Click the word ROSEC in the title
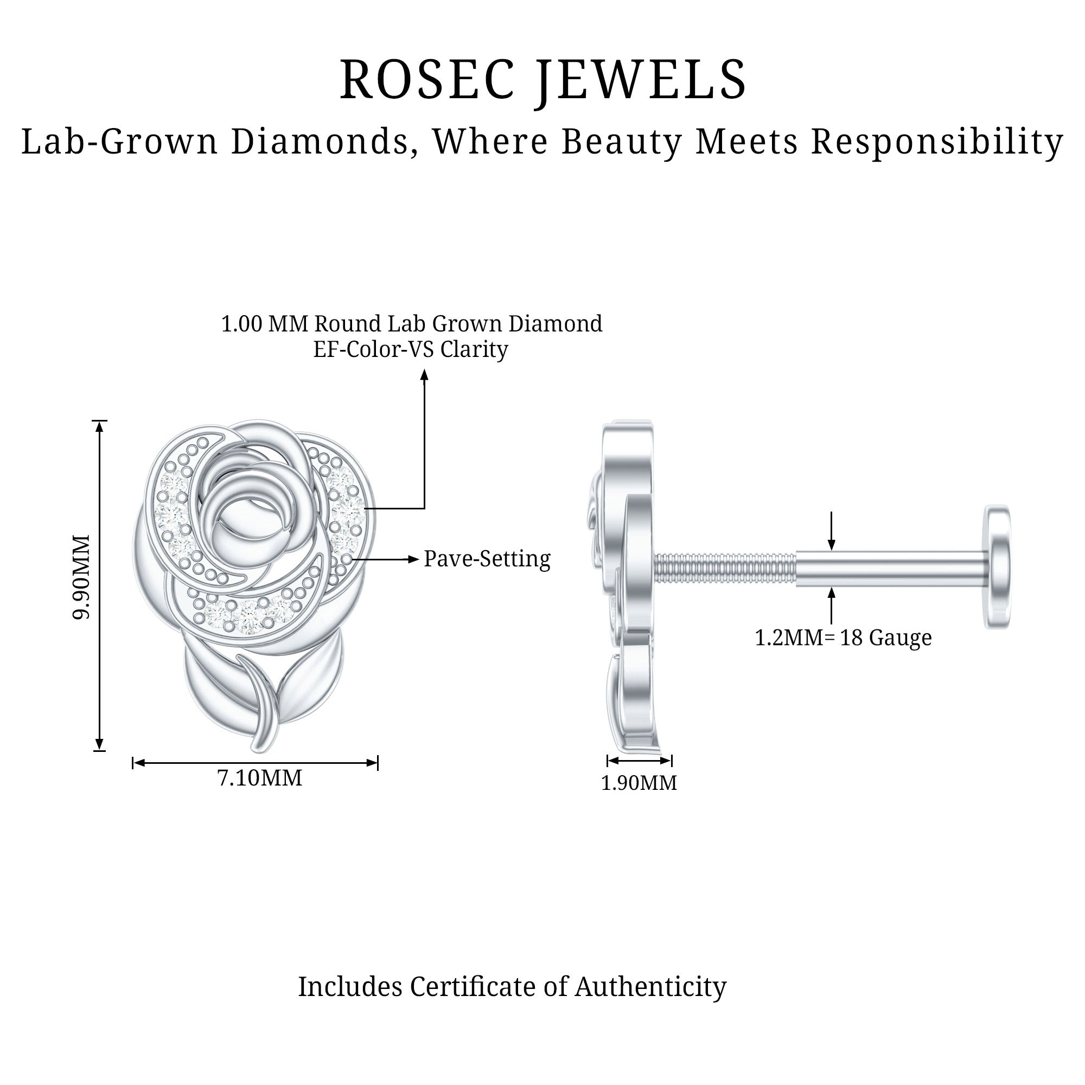coord(427,79)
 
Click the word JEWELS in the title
coord(641,80)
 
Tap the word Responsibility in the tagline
coord(937,142)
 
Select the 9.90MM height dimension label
coord(82,578)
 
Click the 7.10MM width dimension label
coord(259,778)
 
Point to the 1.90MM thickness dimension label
coord(639,783)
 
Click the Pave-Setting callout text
coord(487,559)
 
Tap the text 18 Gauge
coord(886,637)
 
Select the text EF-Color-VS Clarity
coord(411,349)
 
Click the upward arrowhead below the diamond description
coord(425,374)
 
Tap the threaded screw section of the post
coord(724,568)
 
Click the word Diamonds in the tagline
coord(320,142)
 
